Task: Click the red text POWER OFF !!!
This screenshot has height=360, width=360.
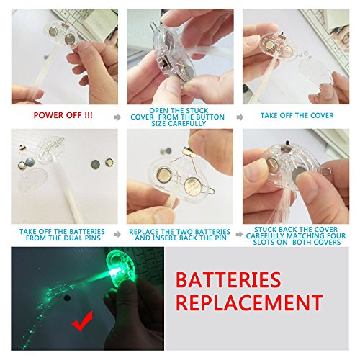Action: tap(63, 115)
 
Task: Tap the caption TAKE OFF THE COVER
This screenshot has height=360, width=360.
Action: tap(297, 116)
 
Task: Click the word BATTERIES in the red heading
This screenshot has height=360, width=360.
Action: tap(228, 280)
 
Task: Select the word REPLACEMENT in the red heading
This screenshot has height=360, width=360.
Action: tap(249, 302)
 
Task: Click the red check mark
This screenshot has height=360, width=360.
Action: tap(82, 321)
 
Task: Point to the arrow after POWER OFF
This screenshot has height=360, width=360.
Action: tap(117, 117)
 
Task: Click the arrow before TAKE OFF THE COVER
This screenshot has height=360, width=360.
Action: tap(240, 117)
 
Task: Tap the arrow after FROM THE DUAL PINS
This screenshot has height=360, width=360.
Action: tap(117, 234)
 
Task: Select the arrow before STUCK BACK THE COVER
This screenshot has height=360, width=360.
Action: tap(239, 234)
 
